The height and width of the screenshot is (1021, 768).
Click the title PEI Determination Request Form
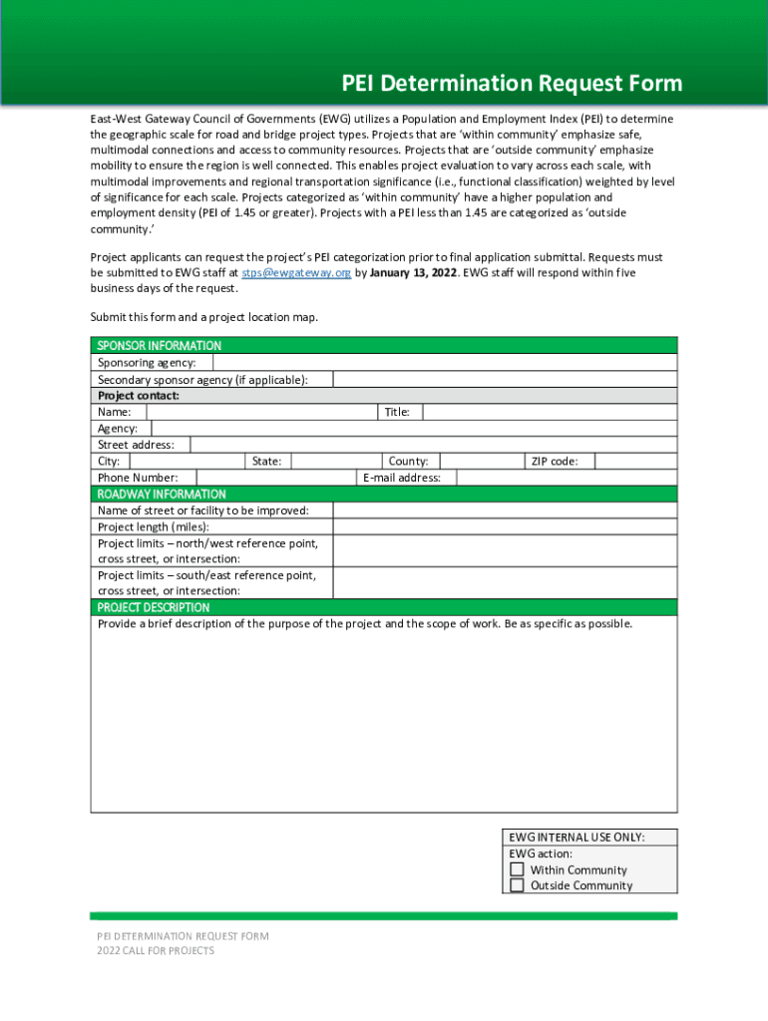(x=512, y=83)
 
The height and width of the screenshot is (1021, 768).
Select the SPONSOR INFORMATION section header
(x=160, y=345)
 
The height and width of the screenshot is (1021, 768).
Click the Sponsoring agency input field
(x=444, y=363)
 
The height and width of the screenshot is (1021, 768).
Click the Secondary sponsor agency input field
(x=505, y=379)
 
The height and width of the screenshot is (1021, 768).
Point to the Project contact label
(x=139, y=395)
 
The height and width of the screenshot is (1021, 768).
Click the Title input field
(x=550, y=412)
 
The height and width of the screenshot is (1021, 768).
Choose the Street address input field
(x=433, y=445)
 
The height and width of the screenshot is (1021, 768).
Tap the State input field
(x=336, y=461)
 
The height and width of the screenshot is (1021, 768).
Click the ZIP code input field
(x=636, y=461)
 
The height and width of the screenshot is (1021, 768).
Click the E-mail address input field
(x=566, y=478)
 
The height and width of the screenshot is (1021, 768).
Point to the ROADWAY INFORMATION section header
(x=162, y=494)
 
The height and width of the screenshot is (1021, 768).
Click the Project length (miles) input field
(x=505, y=526)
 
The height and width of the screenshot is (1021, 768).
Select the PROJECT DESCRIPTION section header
(x=154, y=607)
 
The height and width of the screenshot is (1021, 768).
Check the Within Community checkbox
(x=517, y=869)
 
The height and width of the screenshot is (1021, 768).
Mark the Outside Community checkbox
(x=517, y=885)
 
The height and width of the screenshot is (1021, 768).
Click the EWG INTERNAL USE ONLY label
(x=576, y=838)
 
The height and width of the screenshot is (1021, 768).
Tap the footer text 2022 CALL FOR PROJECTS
(x=156, y=951)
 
